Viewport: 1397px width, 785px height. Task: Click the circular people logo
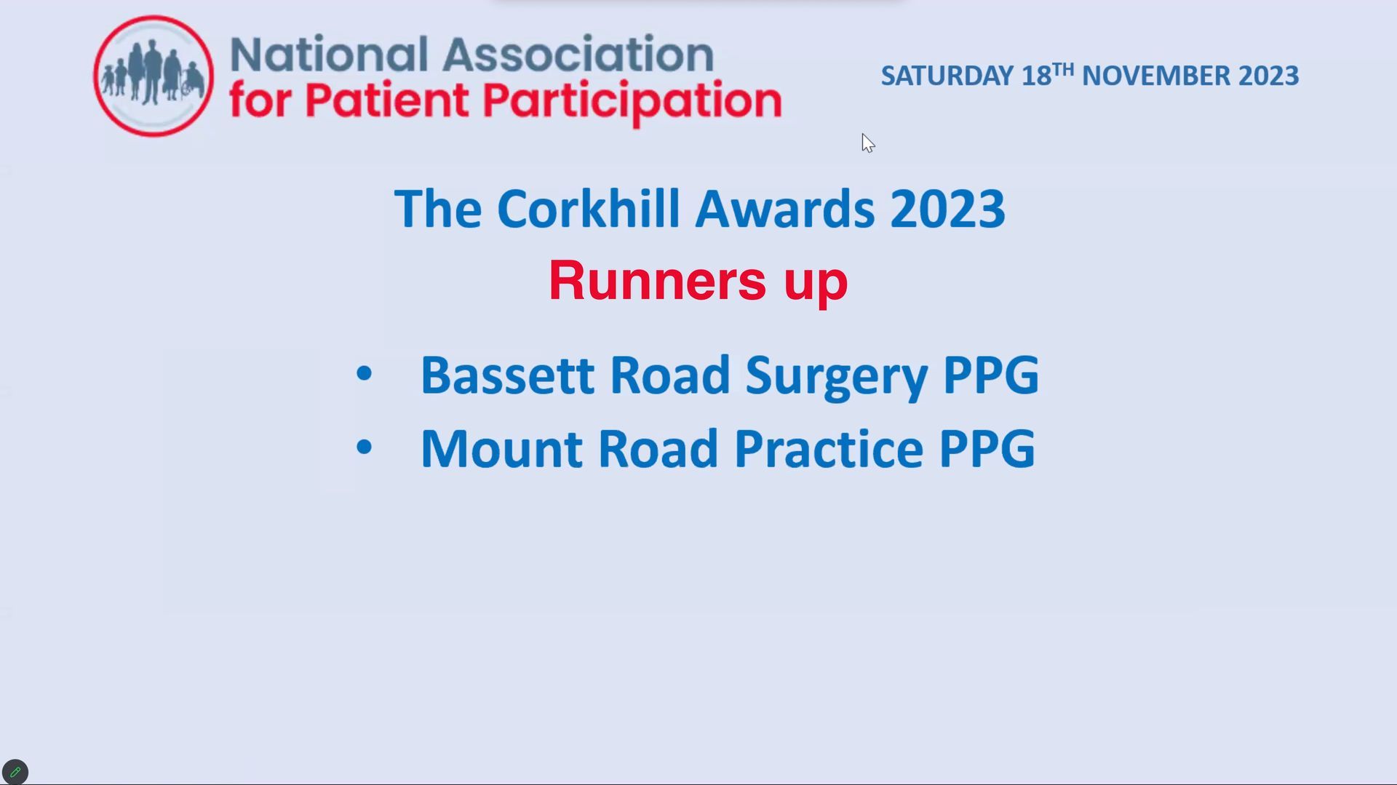(154, 76)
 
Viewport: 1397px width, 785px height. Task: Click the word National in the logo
(329, 55)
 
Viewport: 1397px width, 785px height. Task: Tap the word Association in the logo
(578, 55)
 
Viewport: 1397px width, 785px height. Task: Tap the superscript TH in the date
(1063, 69)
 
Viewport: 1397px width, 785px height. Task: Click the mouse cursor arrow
(868, 143)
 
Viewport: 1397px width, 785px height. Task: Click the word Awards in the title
(784, 209)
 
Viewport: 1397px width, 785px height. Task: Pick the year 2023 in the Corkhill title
(947, 210)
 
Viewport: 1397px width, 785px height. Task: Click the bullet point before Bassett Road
(364, 374)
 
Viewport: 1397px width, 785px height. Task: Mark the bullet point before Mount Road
(364, 447)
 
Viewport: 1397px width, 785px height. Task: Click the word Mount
(502, 449)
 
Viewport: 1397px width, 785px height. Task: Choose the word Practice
(829, 449)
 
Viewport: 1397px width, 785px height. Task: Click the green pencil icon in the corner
(15, 772)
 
